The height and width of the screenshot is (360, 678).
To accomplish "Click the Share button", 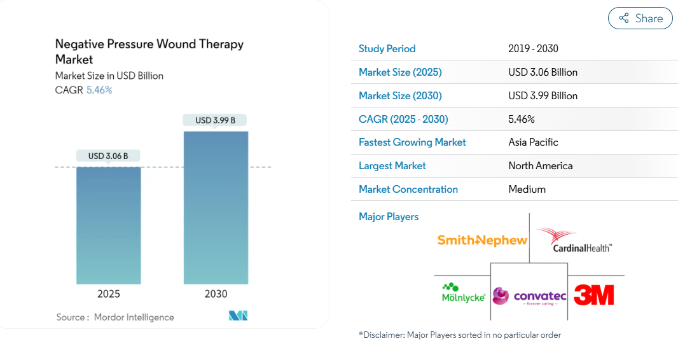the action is pos(640,18).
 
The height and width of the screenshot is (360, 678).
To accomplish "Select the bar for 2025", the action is pos(109,225).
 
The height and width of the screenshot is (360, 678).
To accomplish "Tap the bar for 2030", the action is pos(216,207).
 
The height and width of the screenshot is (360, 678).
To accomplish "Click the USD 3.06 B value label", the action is pos(108,156).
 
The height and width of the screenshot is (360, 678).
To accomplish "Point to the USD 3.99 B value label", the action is pos(215,120).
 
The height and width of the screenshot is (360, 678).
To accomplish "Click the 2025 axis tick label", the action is pos(109,294).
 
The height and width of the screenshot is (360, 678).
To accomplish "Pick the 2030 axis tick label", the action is pos(216,294).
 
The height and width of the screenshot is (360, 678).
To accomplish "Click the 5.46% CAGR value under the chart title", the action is pos(99,90).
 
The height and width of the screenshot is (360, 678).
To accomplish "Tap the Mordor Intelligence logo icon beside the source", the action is pos(239,315).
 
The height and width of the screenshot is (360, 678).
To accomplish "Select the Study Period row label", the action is pos(387,48).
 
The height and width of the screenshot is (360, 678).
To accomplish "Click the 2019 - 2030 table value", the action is pos(533,48).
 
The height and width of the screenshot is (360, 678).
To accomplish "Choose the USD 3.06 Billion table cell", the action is pos(543,72).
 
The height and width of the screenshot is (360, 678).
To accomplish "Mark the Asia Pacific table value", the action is pos(533,142).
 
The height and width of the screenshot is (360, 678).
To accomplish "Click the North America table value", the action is pos(541,165).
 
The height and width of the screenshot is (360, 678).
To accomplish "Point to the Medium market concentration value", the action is pos(527,190).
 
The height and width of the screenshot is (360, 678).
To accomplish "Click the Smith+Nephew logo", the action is pos(482,240).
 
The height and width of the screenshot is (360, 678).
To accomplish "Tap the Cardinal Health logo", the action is pos(576,240).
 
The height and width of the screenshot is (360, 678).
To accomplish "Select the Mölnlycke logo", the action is pos(463,293).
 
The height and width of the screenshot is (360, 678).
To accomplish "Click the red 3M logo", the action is pos(593,294).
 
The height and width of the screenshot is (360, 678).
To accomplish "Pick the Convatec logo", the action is pos(529,296).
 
